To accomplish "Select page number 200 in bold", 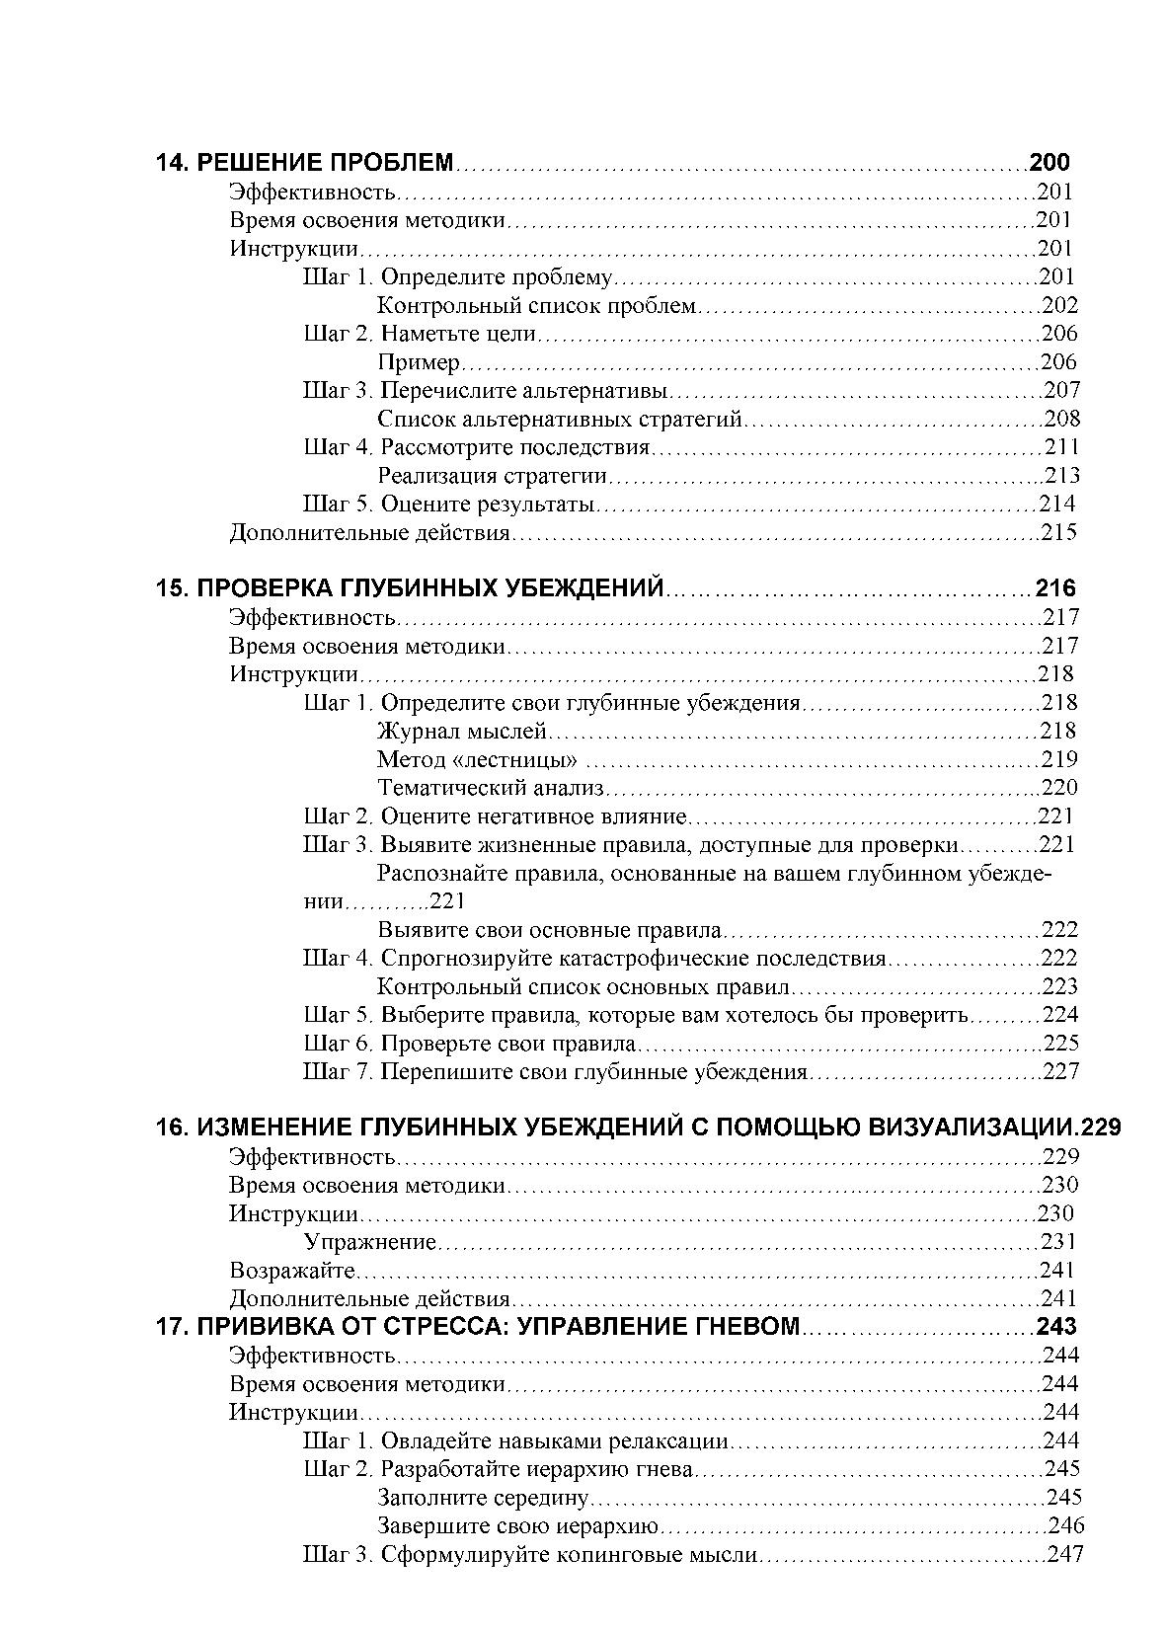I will pos(1049,163).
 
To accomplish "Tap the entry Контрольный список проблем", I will pos(537,306).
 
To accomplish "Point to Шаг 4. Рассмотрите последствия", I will pos(477,447).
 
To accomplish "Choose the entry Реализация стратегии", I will pos(492,476).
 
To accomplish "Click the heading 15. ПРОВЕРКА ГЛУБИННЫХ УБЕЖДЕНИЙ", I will pos(410,589).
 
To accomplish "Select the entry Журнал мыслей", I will pos(462,732).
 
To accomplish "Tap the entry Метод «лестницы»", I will pos(478,760).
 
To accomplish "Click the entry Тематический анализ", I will pos(491,788).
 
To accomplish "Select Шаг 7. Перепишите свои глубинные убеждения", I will pos(556,1072).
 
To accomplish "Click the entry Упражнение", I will pos(370,1242).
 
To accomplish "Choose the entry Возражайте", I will pos(292,1271).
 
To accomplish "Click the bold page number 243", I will pos(1055,1327).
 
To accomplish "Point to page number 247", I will pos(1064,1555).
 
